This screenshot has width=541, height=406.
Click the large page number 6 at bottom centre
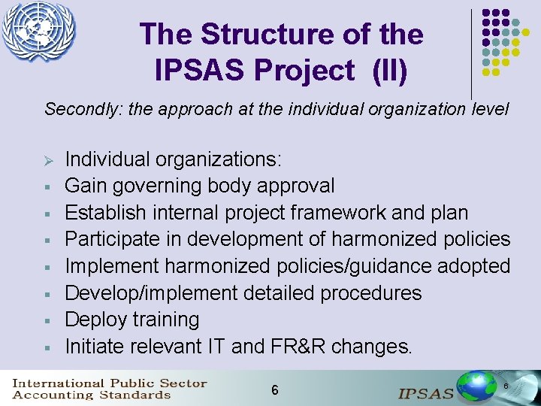click(275, 389)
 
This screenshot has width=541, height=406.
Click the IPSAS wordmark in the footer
click(426, 392)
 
